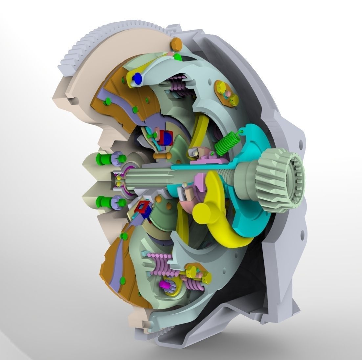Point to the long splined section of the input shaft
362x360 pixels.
click(148, 179)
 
